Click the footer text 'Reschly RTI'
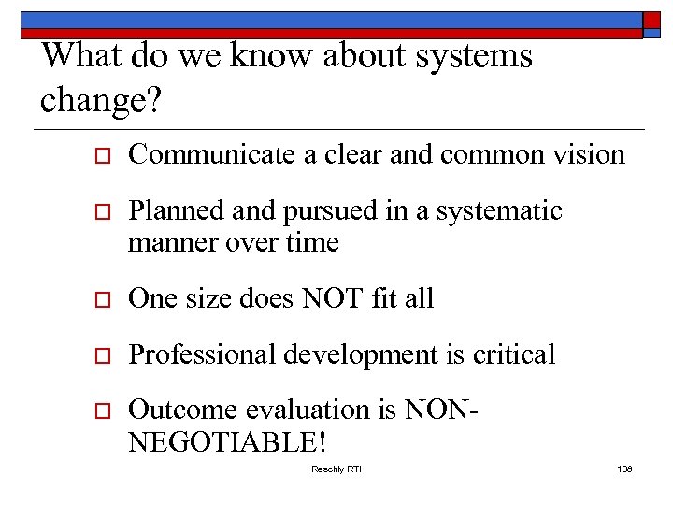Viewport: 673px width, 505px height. pyautogui.click(x=336, y=469)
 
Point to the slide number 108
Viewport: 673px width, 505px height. pyautogui.click(x=624, y=469)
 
